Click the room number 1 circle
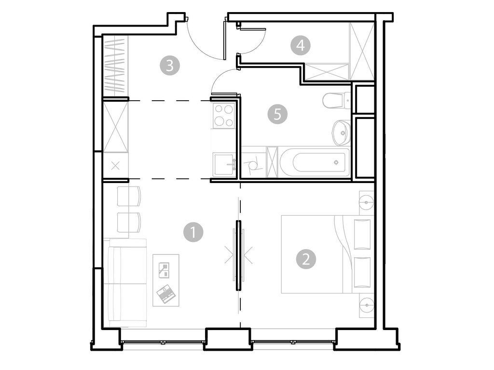pos(193,233)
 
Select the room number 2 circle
pos(306,259)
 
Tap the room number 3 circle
pos(170,65)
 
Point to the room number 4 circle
pos(301,46)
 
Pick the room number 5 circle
pos(277,114)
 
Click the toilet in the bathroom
pos(336,101)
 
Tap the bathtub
pos(314,162)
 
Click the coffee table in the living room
pos(165,280)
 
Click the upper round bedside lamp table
pos(367,201)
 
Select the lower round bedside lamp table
pos(367,305)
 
